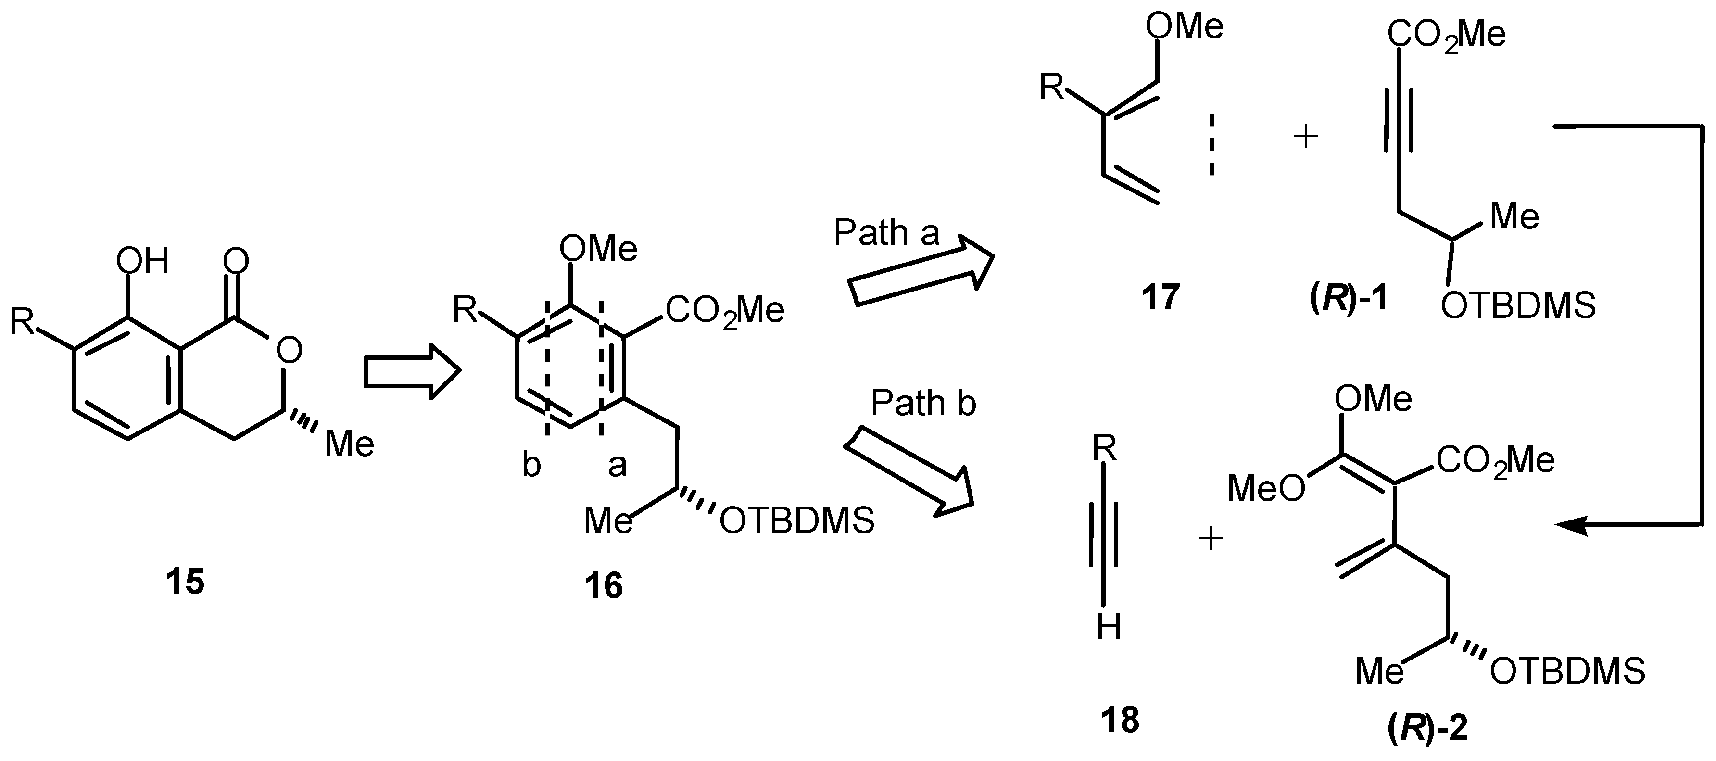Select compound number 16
(x=603, y=586)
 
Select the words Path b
(x=923, y=403)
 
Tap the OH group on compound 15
(x=142, y=261)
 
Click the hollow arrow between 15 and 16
(x=412, y=371)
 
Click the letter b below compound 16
(x=531, y=465)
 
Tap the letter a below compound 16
(x=617, y=465)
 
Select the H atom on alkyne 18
(x=1109, y=628)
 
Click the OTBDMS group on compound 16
(x=797, y=521)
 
